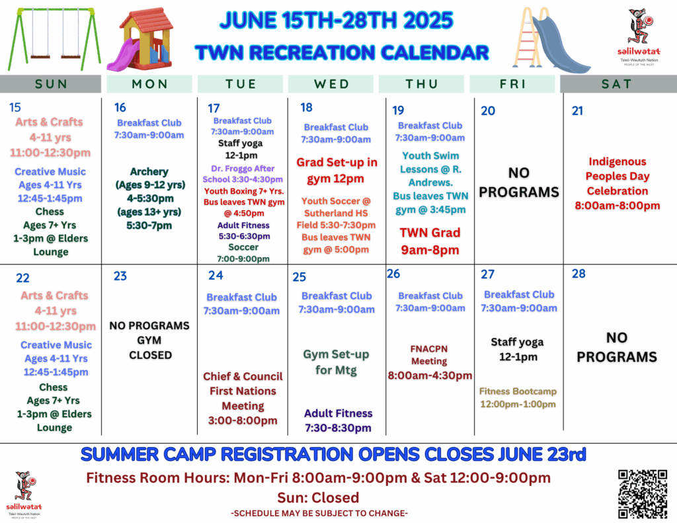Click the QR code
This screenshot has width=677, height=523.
click(x=643, y=494)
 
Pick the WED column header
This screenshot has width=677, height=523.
click(x=331, y=84)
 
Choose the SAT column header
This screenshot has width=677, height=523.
click(x=617, y=84)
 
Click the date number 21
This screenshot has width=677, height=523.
click(x=577, y=111)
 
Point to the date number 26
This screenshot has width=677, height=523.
click(x=393, y=274)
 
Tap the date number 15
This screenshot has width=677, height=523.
click(x=15, y=108)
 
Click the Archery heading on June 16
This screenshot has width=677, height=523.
click(x=149, y=171)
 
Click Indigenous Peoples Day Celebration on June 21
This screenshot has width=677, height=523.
click(x=617, y=184)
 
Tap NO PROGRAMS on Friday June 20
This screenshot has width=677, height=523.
click(x=519, y=182)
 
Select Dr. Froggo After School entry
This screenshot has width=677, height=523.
click(x=243, y=174)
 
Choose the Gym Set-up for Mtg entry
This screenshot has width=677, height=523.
click(x=336, y=362)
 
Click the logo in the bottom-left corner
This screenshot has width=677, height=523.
click(x=24, y=495)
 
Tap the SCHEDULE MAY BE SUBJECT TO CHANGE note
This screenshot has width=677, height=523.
click(x=319, y=513)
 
